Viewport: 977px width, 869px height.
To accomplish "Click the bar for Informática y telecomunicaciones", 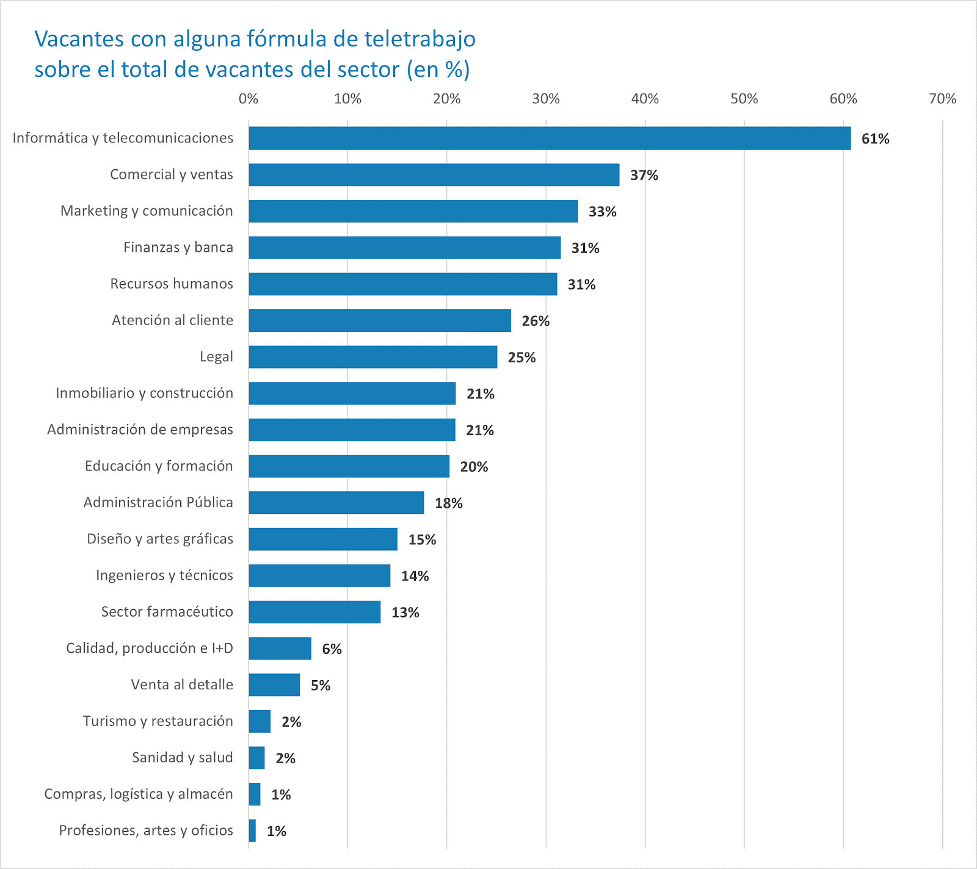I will [x=550, y=138].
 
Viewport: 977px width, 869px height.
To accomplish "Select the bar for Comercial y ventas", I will [x=434, y=175].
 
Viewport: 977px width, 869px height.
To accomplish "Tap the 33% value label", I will [x=602, y=211].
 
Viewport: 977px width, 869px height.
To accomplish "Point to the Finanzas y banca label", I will [x=178, y=248].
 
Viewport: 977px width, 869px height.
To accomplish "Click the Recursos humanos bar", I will [x=403, y=284].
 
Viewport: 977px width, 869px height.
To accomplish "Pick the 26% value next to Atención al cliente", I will [x=536, y=321].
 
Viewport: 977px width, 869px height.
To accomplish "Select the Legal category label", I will [x=216, y=357].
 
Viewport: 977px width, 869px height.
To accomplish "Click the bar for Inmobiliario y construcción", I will [x=352, y=394].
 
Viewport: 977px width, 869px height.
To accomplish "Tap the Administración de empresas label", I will [x=140, y=430].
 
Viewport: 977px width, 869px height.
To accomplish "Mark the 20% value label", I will [x=474, y=467].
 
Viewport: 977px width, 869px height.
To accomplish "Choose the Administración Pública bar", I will [x=336, y=503].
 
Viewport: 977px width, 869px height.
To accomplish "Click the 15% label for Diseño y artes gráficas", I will [x=422, y=540].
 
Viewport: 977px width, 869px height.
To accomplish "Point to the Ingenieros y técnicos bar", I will [x=319, y=576].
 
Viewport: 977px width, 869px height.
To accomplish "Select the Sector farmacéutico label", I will [x=167, y=612].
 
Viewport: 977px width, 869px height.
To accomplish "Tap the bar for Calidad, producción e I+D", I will [x=280, y=648].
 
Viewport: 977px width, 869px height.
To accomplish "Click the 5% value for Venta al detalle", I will [x=320, y=686].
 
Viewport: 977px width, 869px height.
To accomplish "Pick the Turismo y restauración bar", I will [x=260, y=722].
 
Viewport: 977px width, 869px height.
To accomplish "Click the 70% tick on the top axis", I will [x=942, y=99].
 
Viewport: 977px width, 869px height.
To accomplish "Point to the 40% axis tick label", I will [x=645, y=99].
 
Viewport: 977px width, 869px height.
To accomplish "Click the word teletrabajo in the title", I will [x=420, y=39].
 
